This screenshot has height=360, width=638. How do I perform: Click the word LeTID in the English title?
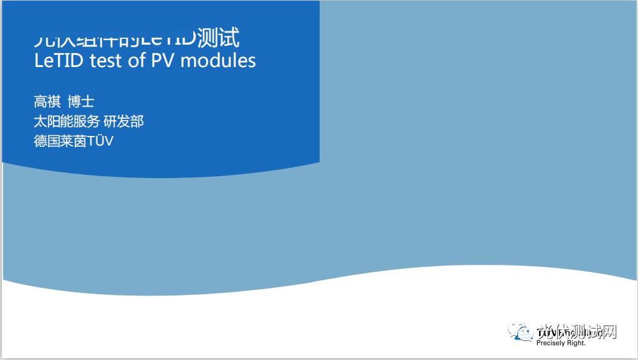tap(59, 60)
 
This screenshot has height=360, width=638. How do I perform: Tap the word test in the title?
tap(107, 60)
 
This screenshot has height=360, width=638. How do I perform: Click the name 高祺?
tap(47, 101)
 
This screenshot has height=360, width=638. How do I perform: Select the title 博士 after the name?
tap(81, 101)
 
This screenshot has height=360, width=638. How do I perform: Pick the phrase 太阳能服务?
tap(66, 121)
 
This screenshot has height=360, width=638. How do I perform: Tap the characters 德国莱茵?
tap(59, 141)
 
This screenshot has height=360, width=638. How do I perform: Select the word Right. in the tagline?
tap(576, 343)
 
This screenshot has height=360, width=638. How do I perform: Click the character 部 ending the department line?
tap(137, 121)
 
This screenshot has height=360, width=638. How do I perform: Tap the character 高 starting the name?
tap(40, 101)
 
